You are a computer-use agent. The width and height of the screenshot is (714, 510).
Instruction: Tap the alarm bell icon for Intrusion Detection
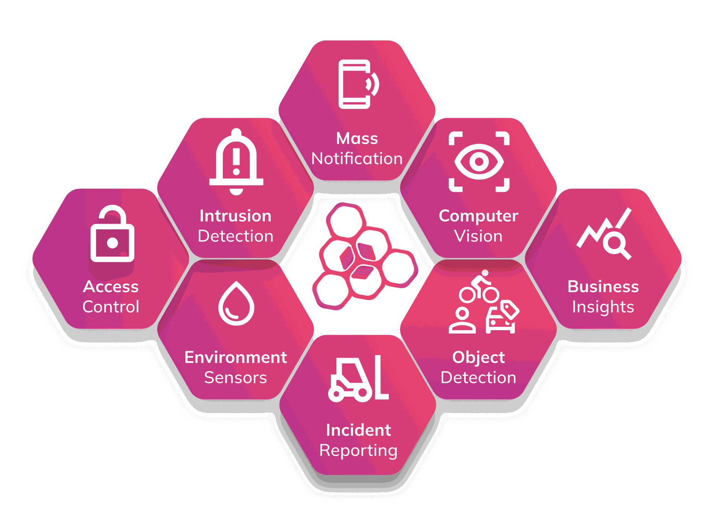click(236, 162)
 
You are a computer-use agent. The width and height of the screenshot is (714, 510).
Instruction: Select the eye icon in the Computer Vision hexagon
click(479, 162)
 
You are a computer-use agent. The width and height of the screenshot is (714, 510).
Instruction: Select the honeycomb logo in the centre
click(365, 256)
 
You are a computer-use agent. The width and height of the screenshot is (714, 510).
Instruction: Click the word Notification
click(357, 159)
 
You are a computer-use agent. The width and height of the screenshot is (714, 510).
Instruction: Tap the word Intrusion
click(236, 216)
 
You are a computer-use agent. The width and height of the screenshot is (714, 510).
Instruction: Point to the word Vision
click(478, 236)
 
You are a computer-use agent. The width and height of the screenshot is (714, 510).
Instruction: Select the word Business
click(603, 287)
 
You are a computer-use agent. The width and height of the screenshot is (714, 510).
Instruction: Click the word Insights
click(603, 307)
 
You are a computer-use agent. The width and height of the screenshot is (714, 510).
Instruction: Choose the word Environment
click(236, 357)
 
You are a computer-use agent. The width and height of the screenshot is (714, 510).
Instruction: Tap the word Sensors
click(236, 378)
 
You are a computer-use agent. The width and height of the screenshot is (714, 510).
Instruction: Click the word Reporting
click(358, 451)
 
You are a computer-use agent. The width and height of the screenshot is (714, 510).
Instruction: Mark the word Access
click(111, 287)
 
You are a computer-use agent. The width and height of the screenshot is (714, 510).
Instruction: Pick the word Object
click(479, 358)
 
